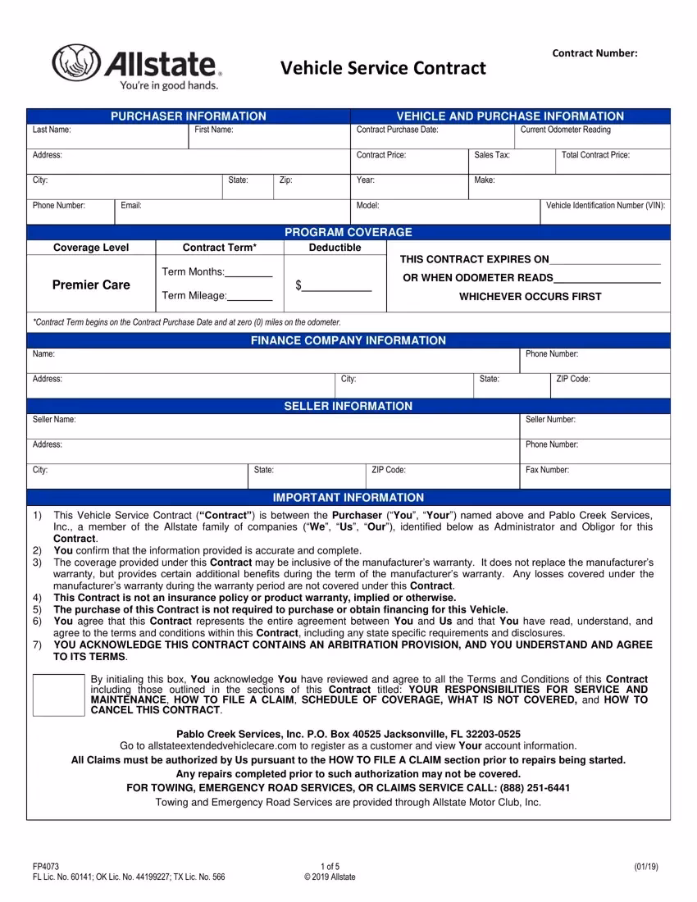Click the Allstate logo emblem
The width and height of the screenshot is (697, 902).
click(x=75, y=61)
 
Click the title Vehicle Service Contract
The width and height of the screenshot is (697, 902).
click(x=384, y=67)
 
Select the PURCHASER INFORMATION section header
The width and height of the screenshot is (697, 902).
click(x=189, y=116)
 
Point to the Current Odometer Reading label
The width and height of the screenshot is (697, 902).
click(x=566, y=130)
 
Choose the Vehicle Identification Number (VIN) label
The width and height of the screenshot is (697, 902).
click(x=606, y=205)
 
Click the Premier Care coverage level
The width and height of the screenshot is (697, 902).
click(x=91, y=285)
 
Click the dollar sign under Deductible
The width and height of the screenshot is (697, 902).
click(x=299, y=285)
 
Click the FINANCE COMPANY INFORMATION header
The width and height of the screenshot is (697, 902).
click(x=348, y=340)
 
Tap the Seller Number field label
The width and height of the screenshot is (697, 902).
click(x=550, y=420)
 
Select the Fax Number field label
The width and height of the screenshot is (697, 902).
click(x=547, y=471)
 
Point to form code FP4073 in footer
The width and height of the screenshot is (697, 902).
click(x=45, y=866)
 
